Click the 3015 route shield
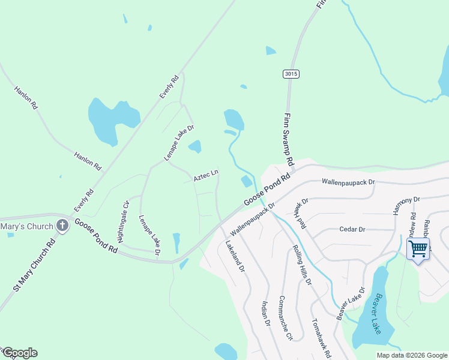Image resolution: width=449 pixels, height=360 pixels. click(291, 74)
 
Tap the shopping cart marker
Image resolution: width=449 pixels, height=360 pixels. click(418, 248)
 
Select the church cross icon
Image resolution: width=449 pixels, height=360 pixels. click(61, 226)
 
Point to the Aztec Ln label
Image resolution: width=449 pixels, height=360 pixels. click(206, 175)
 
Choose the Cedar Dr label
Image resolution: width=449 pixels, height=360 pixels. click(352, 229)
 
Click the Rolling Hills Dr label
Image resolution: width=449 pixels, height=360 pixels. click(302, 265)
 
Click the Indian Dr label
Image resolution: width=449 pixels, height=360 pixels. click(265, 314)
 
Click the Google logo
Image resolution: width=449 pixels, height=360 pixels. click(20, 353)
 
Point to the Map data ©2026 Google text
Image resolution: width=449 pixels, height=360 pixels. click(411, 355)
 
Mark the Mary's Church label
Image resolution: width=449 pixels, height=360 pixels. click(26, 226)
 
